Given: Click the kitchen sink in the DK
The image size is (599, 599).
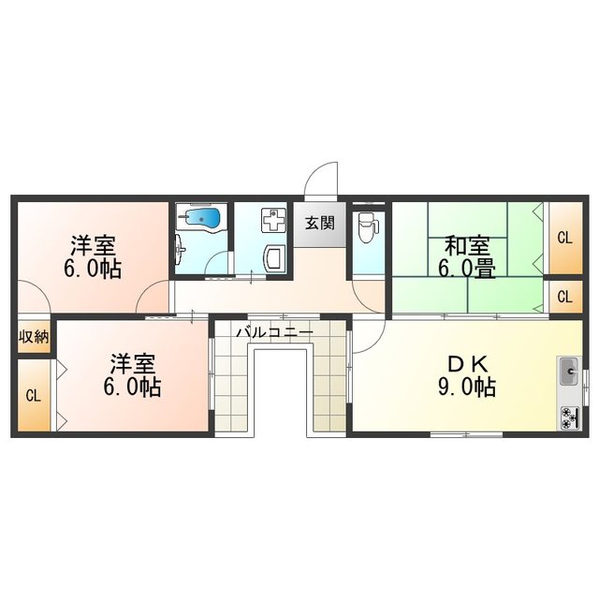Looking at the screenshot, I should tap(570, 373).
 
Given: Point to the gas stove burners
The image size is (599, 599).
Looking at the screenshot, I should tap(569, 417).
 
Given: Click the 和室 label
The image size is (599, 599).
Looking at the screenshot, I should tap(466, 247).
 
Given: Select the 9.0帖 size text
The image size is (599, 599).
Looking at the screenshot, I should tap(465, 387).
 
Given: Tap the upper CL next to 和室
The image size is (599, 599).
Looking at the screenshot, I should tap(563, 237).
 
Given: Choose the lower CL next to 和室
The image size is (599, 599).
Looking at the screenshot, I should tap(563, 297).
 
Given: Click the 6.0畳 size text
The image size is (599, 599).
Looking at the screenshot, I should tap(466, 269).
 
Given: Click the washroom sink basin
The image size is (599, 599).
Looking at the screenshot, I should tap(275, 257).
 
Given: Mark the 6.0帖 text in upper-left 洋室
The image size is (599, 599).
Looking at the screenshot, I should tap(92, 269).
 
